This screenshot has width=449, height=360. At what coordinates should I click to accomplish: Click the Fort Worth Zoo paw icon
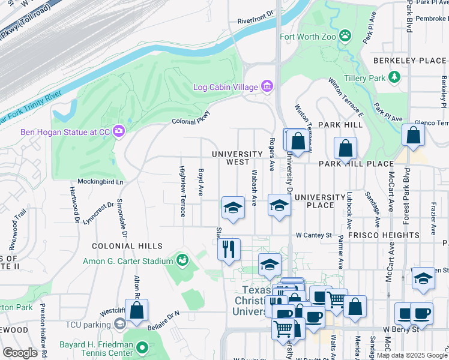coord(345,36)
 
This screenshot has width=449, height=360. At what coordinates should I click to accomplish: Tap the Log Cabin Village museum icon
coord(267,87)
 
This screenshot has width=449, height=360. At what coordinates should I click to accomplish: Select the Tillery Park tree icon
coord(394,77)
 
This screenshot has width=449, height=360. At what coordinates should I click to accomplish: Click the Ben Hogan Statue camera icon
coord(118,130)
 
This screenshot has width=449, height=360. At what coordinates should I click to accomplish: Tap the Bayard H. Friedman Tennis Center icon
coord(142,347)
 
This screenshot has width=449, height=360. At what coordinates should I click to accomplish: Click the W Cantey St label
coord(313,235)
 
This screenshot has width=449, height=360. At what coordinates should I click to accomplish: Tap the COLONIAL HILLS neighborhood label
coord(127,246)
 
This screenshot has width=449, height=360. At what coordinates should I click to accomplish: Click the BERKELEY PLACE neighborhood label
coord(409,61)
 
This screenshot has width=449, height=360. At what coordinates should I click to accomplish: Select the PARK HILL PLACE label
coord(356,164)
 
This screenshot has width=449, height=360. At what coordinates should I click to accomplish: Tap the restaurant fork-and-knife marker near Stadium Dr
coord(229,249)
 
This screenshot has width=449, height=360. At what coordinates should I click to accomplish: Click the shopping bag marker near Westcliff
coord(137,310)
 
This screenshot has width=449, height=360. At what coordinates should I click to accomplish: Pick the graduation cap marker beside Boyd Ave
coord(233,207)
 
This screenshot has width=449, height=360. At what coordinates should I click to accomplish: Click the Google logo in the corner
coord(20,353)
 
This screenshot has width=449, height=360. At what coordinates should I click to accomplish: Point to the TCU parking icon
coord(120,324)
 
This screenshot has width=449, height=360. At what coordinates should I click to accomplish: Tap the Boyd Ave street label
coord(201,181)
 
